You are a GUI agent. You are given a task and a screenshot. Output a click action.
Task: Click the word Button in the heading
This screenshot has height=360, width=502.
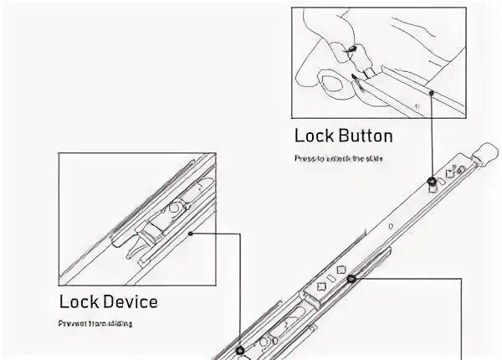click(363, 136)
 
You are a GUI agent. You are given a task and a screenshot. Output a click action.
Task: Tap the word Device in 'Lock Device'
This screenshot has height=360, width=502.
click(127, 301)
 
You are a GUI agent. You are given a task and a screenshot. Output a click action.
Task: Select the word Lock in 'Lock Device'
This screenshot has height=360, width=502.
click(77, 301)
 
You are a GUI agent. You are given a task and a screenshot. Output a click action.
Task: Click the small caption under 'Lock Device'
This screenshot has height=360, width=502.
click(95, 323)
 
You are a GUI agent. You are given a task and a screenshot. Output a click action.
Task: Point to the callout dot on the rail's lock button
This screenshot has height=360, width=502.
click(431, 181)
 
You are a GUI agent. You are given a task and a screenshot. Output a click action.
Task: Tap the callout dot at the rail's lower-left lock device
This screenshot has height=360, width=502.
click(240, 351)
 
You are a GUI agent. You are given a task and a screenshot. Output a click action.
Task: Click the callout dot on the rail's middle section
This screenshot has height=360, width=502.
click(352, 279)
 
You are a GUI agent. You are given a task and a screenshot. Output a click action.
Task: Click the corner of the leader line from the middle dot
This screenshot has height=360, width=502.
click(462, 280)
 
